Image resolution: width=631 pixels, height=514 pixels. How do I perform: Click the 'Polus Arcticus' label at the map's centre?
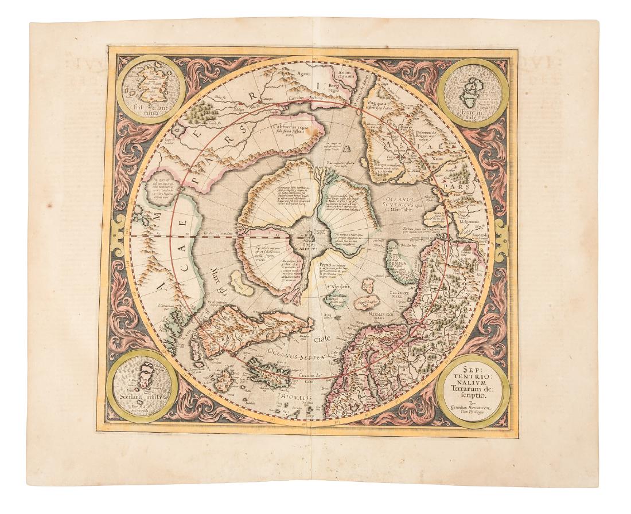coord(310,243)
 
